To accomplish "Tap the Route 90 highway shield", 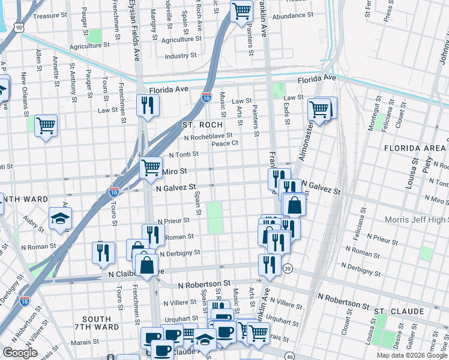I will point(20,28).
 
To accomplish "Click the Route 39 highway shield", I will point(288,268).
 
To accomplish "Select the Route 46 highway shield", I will point(290,356).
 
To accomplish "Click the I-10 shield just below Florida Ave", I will point(206,97).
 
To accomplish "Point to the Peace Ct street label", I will point(225,143).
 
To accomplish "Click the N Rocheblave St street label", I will point(208,136).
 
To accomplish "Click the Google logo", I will point(20,353).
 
